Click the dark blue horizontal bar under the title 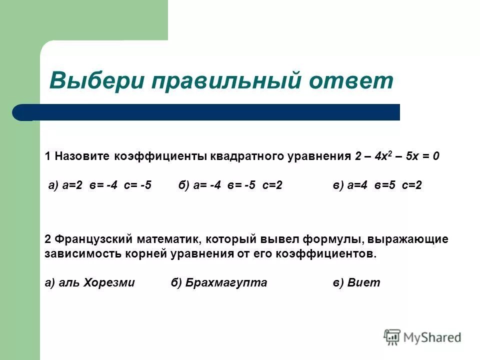pos(210,112)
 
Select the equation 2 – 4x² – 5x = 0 pos(397,156)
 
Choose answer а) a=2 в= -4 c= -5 pos(100,185)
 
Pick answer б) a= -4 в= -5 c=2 pos(230,185)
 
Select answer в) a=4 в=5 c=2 pos(377,185)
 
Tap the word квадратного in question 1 pos(247,156)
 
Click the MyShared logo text pos(432,337)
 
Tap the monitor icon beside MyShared pos(392,336)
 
